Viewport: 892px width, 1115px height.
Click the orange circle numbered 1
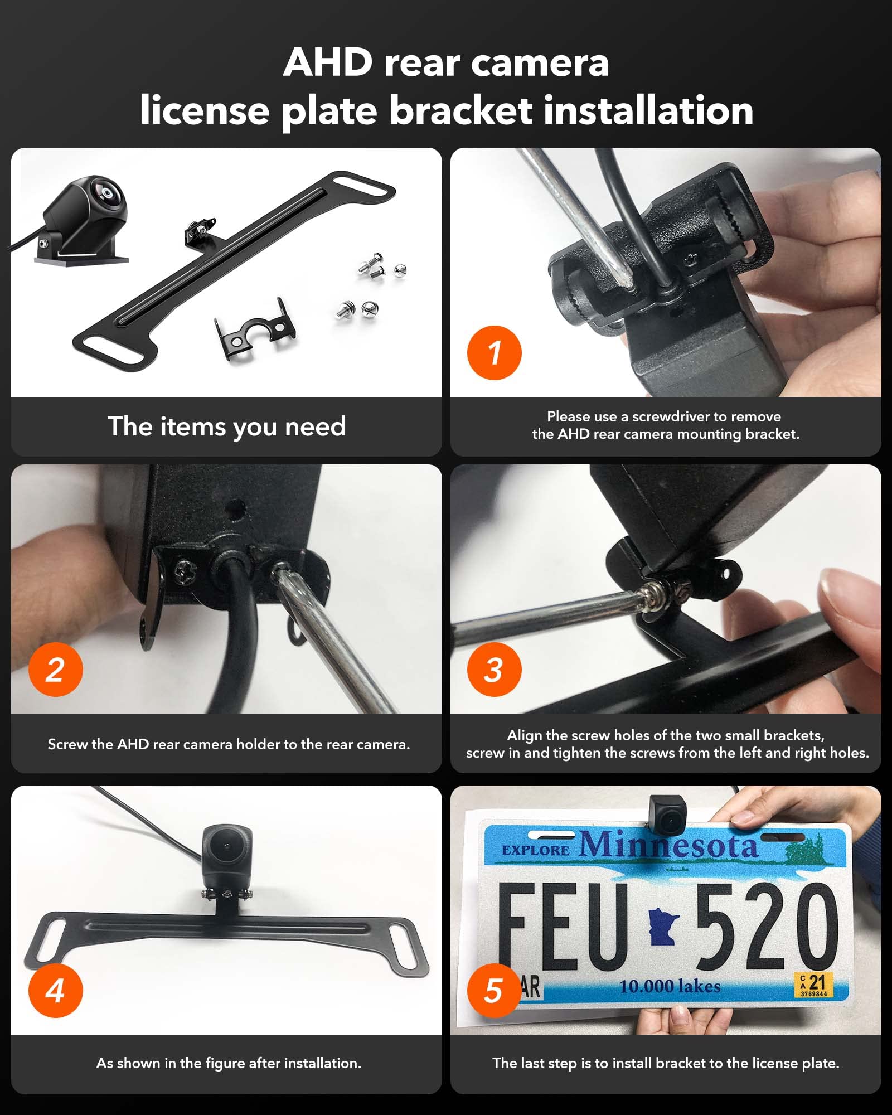coord(494,353)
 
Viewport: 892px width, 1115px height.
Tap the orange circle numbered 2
coord(55,669)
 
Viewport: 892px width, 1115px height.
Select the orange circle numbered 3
coord(494,669)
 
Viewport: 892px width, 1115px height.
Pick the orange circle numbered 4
coord(55,991)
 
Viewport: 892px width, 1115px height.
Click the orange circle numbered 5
coord(494,991)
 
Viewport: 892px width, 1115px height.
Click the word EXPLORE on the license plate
coord(535,851)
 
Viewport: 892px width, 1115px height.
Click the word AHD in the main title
coord(327,62)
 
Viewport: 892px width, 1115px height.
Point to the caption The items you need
coord(226,426)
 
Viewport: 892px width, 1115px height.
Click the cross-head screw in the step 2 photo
coord(182,570)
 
